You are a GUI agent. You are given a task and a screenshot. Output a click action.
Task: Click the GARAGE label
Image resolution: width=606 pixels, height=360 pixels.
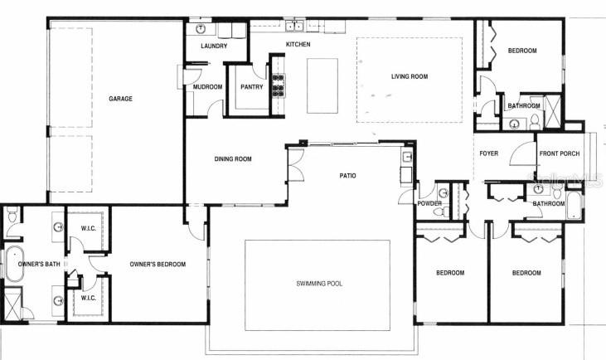tap(120, 99)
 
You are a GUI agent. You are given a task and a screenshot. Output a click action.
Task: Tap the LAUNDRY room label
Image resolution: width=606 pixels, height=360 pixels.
tap(213, 46)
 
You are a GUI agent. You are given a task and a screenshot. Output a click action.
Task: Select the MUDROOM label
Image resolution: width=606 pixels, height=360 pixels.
tap(207, 86)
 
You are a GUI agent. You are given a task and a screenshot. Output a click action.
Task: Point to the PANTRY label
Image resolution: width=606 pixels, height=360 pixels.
tap(251, 86)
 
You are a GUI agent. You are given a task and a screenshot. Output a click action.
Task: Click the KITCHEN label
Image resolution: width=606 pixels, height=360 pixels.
tap(298, 44)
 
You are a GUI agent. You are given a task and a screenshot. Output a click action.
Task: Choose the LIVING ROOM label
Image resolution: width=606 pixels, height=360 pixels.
tap(409, 77)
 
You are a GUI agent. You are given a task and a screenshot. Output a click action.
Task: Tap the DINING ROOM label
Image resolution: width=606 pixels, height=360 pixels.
tap(233, 158)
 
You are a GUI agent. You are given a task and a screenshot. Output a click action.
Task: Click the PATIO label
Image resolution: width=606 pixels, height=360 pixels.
tap(347, 175)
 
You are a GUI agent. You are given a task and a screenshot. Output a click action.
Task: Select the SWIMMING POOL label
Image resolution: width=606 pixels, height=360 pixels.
tap(319, 284)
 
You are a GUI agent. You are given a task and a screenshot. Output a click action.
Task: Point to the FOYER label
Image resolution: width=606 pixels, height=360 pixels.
tap(488, 153)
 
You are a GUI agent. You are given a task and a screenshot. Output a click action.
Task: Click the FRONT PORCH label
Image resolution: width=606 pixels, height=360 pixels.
tap(560, 153)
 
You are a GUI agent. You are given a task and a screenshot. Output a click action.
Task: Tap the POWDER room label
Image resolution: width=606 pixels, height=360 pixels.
tap(429, 202)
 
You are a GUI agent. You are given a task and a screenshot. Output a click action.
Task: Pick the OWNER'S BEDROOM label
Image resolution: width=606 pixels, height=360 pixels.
tap(158, 265)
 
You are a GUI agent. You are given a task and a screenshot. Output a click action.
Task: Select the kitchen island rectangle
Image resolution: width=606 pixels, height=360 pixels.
tap(322, 85)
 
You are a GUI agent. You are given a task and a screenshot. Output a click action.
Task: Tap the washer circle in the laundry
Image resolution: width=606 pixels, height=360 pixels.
tap(201, 27)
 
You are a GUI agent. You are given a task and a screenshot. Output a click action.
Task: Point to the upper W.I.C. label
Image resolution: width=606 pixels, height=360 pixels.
tap(90, 228)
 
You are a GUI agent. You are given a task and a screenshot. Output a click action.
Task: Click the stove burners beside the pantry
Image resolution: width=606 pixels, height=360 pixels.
tap(279, 83)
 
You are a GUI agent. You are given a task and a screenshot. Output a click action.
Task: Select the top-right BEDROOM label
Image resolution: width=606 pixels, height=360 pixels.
tap(522, 51)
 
